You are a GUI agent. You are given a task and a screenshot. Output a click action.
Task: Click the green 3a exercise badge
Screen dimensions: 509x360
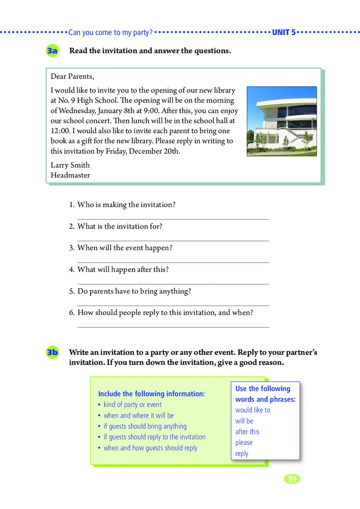click(x=52, y=51)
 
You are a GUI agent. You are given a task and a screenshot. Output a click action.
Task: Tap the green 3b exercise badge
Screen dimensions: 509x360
click(x=52, y=353)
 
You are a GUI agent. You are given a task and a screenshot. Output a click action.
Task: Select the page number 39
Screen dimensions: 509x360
click(x=292, y=479)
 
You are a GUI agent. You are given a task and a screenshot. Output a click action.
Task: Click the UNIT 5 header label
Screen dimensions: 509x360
click(x=284, y=32)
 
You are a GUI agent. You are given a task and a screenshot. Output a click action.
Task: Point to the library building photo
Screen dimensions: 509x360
click(x=282, y=121)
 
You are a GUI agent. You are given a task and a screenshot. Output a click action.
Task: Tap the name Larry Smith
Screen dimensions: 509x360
click(x=70, y=165)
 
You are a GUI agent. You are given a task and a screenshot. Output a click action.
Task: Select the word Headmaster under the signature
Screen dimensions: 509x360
click(x=70, y=175)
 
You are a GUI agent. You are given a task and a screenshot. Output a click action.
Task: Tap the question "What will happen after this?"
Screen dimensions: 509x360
click(x=123, y=270)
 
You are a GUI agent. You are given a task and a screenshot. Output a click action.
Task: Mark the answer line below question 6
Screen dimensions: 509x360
click(x=173, y=327)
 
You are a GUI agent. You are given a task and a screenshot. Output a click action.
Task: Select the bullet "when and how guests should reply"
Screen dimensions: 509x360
click(x=150, y=448)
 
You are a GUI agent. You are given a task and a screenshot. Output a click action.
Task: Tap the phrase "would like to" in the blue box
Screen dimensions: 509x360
click(x=253, y=410)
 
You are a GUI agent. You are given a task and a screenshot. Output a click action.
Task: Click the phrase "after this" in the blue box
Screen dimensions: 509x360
click(x=247, y=432)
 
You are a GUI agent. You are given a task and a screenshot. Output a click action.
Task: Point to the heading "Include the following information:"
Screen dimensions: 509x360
click(x=151, y=394)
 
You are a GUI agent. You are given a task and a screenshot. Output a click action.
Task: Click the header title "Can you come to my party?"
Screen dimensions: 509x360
click(x=110, y=32)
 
